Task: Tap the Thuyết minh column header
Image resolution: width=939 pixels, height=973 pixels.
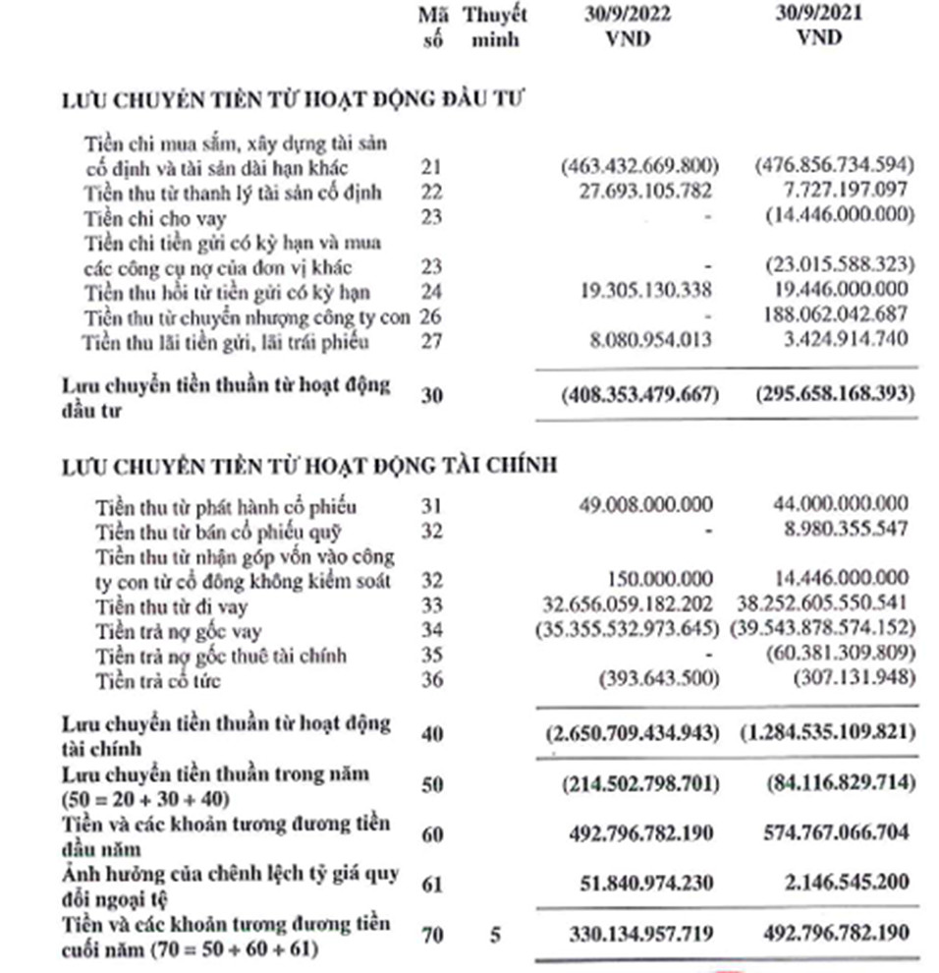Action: pos(494,29)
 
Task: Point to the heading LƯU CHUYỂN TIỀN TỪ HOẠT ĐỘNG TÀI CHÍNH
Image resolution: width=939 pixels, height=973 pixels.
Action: pos(309,465)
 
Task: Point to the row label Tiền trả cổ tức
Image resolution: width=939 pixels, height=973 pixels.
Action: pos(158,681)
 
